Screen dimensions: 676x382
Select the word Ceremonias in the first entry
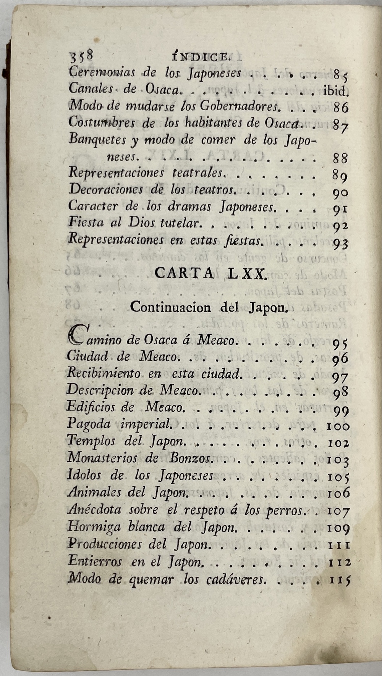pos(102,72)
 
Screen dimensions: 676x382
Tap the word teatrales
pos(197,173)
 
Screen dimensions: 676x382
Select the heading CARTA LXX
pos(210,274)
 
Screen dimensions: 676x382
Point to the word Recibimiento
pos(104,373)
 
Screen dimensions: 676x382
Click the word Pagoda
pos(89,424)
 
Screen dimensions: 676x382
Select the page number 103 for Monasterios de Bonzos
pos(338,461)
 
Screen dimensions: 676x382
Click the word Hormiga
pos(89,527)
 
